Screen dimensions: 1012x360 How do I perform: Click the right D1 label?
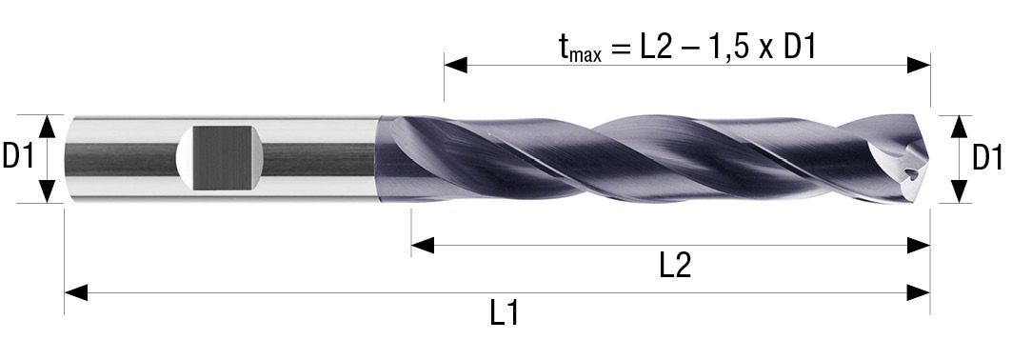[x=987, y=158]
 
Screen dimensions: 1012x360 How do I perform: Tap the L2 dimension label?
[x=676, y=267]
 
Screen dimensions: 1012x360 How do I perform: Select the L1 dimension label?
[x=505, y=314]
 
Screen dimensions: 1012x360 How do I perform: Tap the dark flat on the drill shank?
[x=223, y=158]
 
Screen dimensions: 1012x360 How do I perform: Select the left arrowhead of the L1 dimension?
[x=75, y=293]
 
